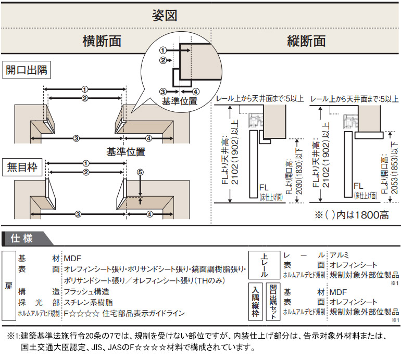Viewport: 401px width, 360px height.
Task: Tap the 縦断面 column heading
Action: (306, 41)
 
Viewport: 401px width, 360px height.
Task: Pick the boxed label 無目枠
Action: (22, 168)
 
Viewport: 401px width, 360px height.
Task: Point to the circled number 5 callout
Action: (140, 172)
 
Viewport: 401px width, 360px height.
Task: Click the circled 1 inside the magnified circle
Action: (163, 50)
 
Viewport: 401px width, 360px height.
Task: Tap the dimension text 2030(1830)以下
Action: (298, 168)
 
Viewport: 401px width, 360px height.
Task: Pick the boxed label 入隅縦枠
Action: (255, 301)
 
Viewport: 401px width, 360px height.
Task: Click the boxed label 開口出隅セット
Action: (273, 301)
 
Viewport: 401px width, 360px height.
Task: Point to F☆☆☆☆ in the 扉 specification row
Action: (81, 313)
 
